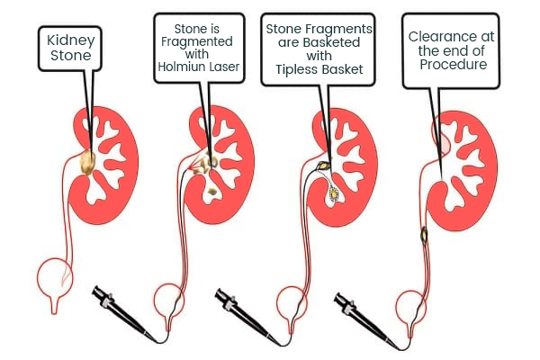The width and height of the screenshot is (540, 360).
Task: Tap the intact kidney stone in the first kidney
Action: pos(88,162)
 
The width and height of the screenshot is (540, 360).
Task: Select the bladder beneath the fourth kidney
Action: pos(415,302)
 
